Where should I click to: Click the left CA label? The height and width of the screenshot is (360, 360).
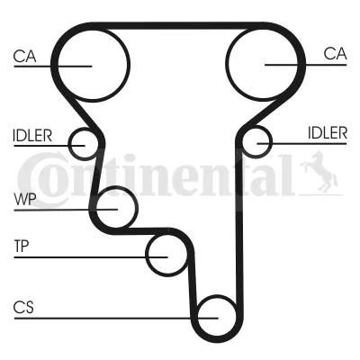click(24, 56)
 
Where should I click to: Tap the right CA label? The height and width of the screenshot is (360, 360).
click(335, 54)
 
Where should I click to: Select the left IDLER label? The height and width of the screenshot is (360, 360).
click(32, 136)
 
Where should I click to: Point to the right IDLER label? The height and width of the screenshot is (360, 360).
click(328, 132)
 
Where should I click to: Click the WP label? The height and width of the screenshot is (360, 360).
click(25, 199)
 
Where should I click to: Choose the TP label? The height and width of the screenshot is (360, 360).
click(22, 247)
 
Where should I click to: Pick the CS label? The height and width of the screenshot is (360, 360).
click(23, 307)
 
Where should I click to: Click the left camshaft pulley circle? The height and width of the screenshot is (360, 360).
click(130, 65)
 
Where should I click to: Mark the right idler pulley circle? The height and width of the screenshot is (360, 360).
click(272, 142)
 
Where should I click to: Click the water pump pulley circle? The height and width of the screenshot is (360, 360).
click(138, 207)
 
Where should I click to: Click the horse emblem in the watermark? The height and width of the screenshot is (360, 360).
click(319, 173)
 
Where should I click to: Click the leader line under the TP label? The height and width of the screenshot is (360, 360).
click(91, 257)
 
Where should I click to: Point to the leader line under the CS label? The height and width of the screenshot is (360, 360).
click(116, 318)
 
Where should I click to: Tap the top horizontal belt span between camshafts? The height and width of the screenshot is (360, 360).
click(177, 26)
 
